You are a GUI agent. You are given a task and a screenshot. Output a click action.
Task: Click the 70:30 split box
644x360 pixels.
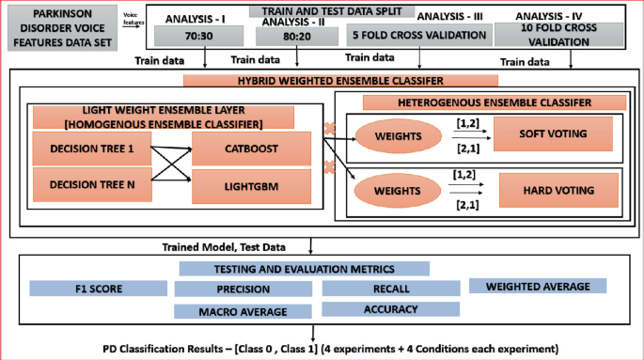coord(196,37)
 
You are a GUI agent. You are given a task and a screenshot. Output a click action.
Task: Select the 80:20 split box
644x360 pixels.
coord(286,37)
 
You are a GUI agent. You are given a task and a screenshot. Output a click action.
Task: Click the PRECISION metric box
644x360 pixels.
coord(235,289)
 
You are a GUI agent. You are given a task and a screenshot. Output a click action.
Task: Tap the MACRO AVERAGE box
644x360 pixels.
coord(243,311)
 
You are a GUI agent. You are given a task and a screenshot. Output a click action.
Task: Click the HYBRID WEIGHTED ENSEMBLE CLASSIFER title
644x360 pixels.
coord(327,82)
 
